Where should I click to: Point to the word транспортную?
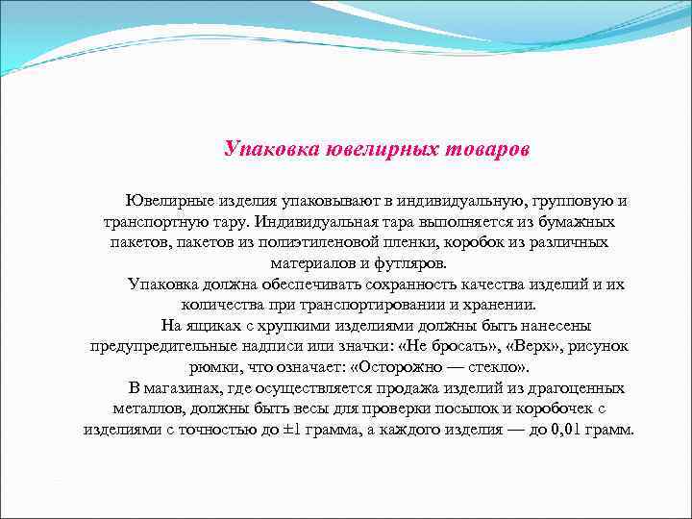(156, 222)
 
